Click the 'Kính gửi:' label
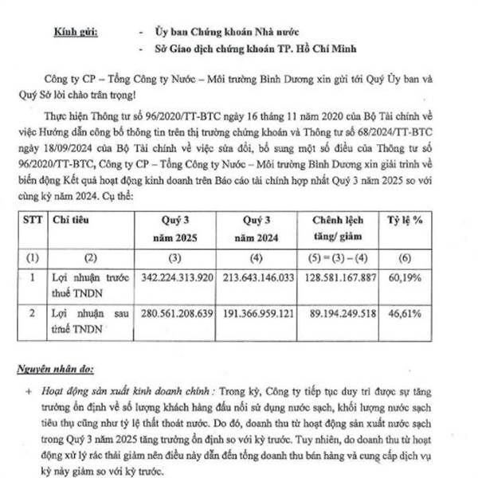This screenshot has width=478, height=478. tap(76, 32)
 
